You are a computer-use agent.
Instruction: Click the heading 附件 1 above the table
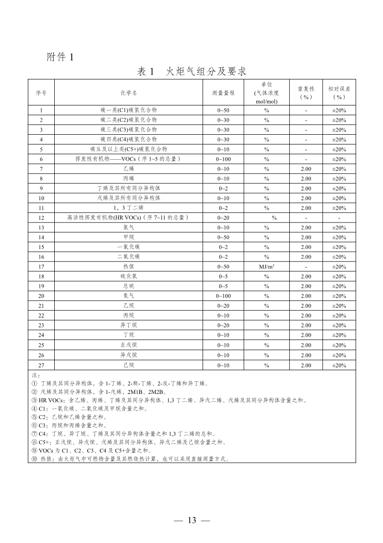[60, 57]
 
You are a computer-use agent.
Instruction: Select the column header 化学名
[128, 92]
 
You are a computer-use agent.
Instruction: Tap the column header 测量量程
[223, 92]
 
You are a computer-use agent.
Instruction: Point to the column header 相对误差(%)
[339, 92]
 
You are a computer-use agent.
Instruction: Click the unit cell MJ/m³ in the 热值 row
[267, 267]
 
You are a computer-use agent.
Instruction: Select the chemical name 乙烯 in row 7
[128, 169]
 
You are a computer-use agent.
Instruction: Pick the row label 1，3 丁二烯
[128, 208]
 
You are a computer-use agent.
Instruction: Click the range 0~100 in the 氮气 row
[223, 296]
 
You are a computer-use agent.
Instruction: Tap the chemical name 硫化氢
[128, 276]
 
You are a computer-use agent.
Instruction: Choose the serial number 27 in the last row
[41, 365]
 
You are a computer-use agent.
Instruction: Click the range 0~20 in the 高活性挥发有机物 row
[223, 218]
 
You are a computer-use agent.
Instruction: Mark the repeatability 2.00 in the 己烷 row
[306, 365]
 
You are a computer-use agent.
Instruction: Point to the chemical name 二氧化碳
[128, 257]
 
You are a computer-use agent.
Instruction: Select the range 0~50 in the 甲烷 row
[223, 237]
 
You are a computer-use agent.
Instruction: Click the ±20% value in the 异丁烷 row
[339, 325]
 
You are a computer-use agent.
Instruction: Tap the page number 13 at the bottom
[192, 520]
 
